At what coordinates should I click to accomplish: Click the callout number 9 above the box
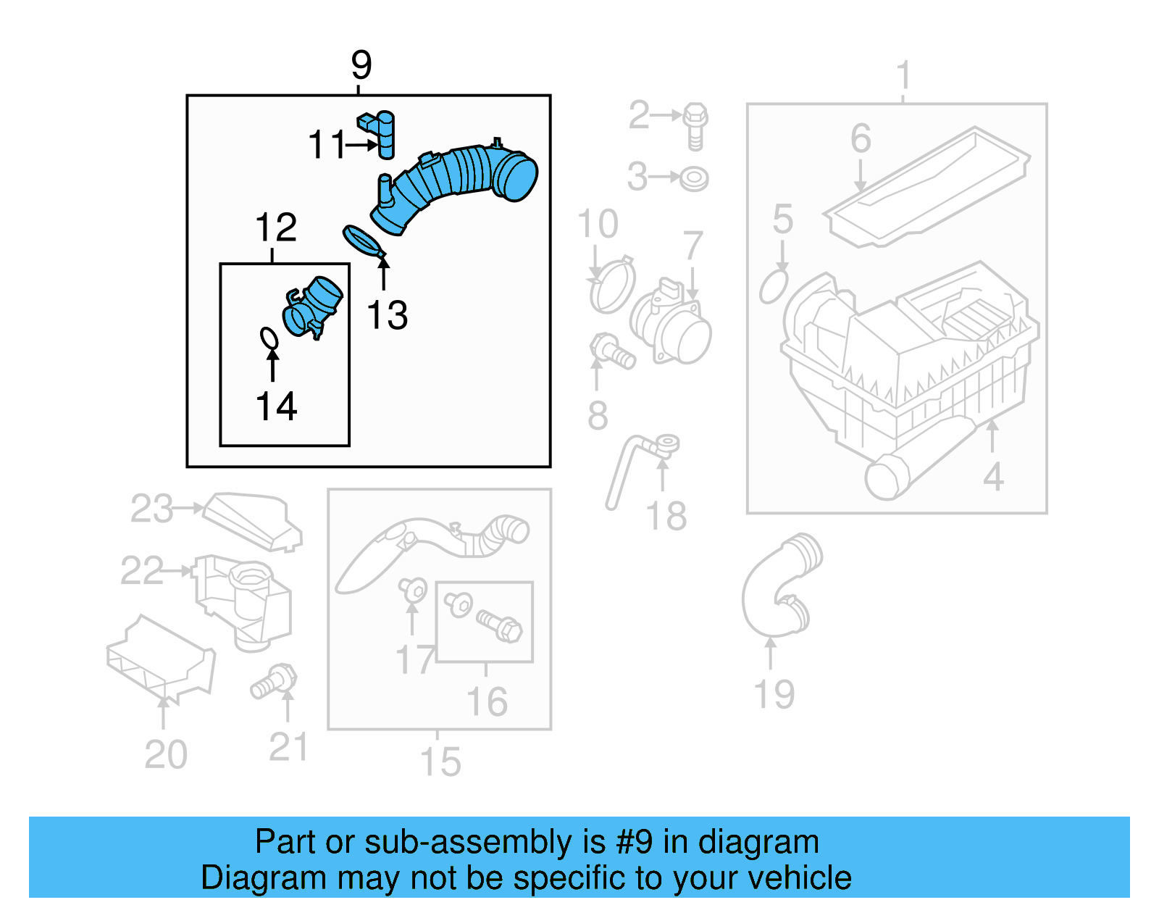[x=361, y=65]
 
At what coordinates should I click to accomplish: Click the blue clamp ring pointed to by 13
[x=362, y=241]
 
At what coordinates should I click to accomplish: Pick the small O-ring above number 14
[x=269, y=338]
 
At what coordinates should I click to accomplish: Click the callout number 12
[x=276, y=228]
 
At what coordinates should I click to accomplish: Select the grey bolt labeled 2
[x=695, y=125]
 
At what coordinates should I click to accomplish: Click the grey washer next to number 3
[x=693, y=178]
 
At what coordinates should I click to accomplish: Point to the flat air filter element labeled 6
[x=927, y=188]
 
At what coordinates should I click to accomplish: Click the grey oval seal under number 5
[x=773, y=287]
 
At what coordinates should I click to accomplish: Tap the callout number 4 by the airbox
[x=993, y=477]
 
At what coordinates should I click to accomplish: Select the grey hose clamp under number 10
[x=612, y=285]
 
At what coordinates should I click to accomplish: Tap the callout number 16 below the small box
[x=487, y=701]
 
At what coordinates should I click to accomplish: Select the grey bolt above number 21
[x=275, y=681]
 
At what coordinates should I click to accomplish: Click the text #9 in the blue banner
[x=635, y=842]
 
